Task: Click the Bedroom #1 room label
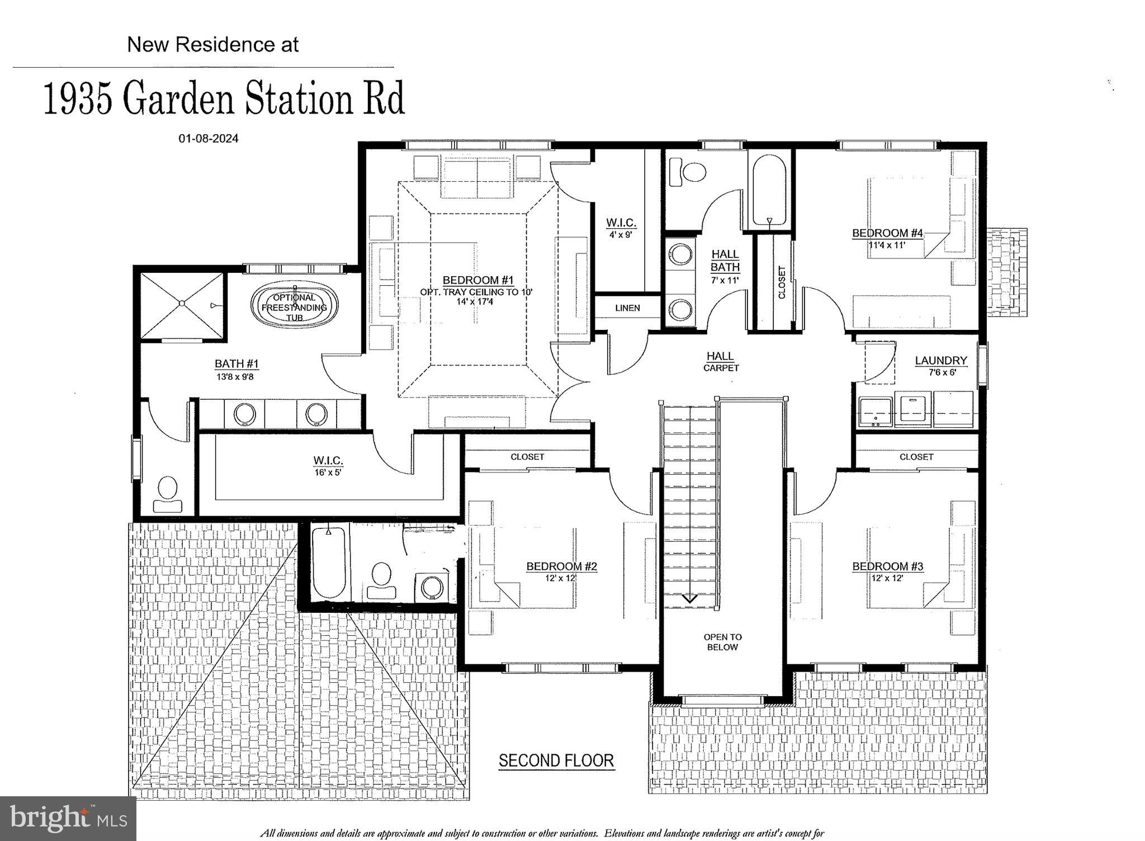point(477,280)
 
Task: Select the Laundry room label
point(941,361)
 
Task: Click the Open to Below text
point(722,642)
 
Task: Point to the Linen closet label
point(627,308)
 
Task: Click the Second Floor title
point(556,760)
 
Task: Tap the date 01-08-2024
point(209,138)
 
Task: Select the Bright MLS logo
point(68,819)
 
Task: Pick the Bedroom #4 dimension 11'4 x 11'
point(887,245)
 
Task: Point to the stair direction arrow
point(689,598)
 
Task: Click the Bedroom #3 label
point(887,566)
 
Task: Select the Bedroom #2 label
point(561,566)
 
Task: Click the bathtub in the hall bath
point(770,190)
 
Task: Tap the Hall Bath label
point(725,261)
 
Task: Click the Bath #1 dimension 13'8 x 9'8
point(236,377)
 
